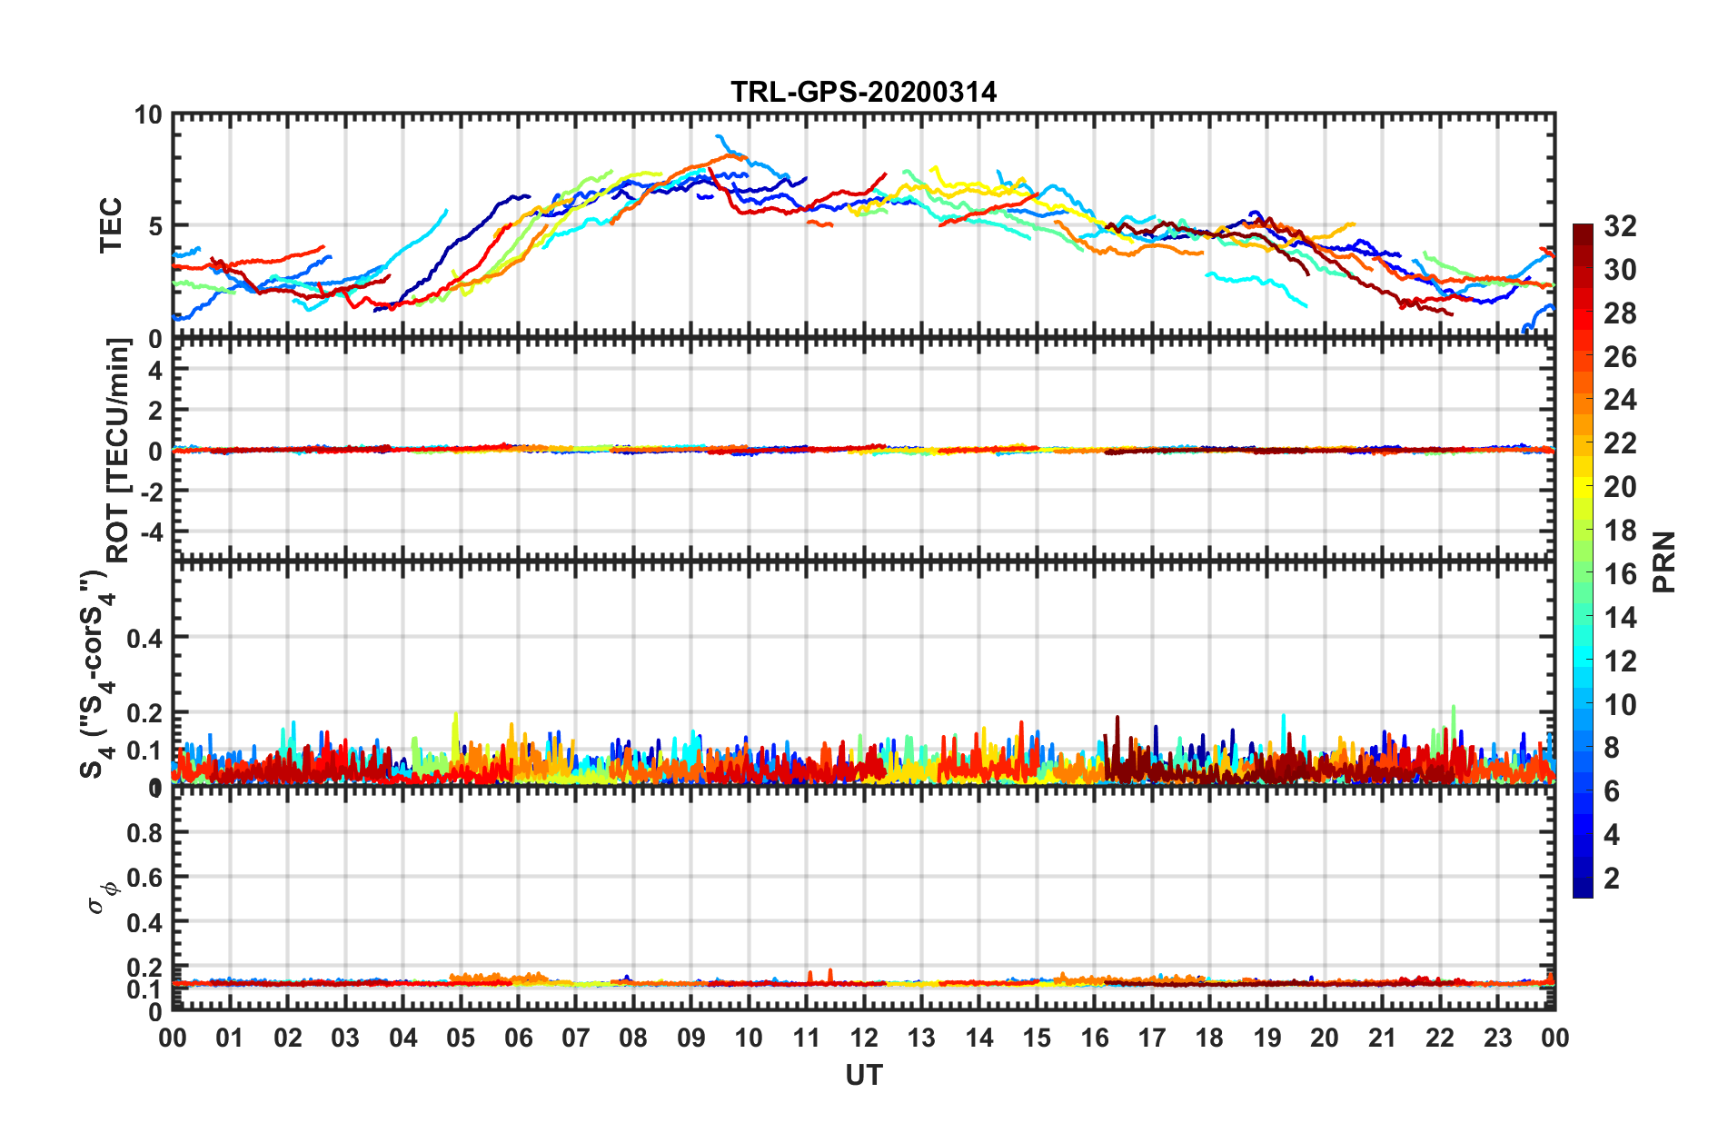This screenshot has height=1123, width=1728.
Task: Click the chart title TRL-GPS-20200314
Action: coord(863,92)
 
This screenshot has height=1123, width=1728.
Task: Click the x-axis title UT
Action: coord(863,1076)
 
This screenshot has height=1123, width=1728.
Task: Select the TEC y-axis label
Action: coord(111,225)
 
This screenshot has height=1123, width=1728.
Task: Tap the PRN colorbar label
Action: coord(1663,561)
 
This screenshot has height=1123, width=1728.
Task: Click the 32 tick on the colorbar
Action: coord(1620,226)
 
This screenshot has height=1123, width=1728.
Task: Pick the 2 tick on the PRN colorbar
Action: coord(1612,879)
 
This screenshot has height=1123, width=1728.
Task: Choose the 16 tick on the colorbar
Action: coord(1620,574)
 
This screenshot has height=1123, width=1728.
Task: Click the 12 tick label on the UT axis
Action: coord(864,1038)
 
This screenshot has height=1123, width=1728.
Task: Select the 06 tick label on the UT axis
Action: coord(518,1038)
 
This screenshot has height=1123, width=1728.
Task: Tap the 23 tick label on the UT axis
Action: coord(1497,1038)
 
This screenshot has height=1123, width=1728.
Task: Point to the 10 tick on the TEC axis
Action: coord(148,115)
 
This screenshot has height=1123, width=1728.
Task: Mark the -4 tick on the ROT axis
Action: coord(151,531)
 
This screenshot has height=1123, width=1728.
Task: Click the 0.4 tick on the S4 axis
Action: coord(144,638)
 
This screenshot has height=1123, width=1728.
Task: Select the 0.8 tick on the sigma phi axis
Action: coord(144,833)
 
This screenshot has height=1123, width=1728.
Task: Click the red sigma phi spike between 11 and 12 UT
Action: coord(829,973)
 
